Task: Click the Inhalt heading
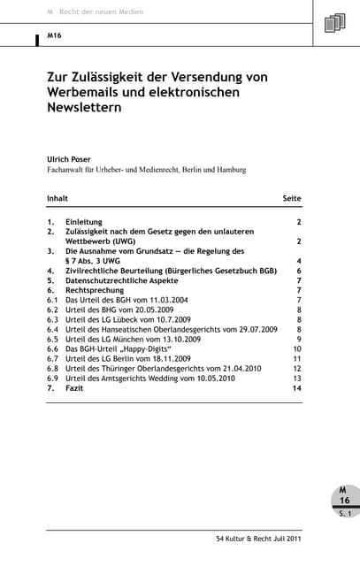click(x=57, y=198)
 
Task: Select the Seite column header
click(x=292, y=198)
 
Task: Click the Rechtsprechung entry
click(x=95, y=290)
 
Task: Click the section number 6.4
click(x=52, y=329)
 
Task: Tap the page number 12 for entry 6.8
click(x=297, y=369)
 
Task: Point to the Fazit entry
click(x=77, y=388)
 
